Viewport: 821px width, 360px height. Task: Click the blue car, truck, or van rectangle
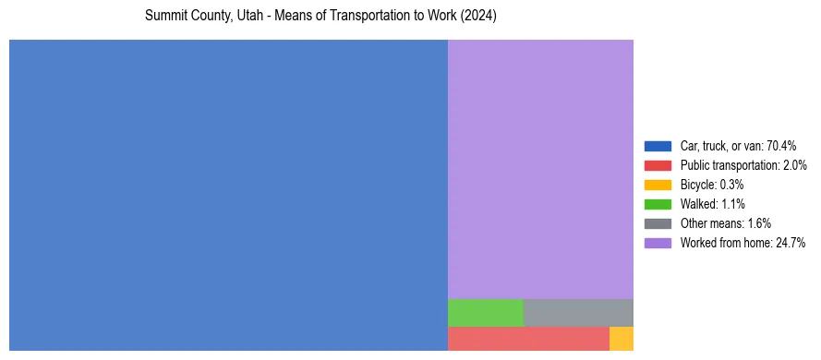click(x=228, y=195)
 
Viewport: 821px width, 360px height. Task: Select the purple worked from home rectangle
click(x=540, y=169)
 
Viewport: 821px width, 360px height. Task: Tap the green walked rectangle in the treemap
click(x=486, y=312)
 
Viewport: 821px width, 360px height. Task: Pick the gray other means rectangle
click(x=578, y=312)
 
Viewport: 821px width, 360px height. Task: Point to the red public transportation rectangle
click(x=528, y=339)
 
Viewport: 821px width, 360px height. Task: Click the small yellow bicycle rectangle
click(x=622, y=339)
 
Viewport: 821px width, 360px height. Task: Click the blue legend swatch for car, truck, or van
click(x=658, y=146)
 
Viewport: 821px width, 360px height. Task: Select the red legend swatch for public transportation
click(x=658, y=165)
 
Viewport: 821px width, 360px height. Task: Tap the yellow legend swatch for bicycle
click(x=658, y=185)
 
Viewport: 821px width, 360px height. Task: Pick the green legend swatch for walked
click(x=658, y=204)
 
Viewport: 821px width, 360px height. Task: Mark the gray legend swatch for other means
click(x=658, y=223)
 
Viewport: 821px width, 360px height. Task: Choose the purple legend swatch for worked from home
click(x=658, y=243)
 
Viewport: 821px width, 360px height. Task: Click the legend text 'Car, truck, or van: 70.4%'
click(x=738, y=146)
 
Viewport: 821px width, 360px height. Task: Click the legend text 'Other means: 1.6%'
click(x=725, y=223)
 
